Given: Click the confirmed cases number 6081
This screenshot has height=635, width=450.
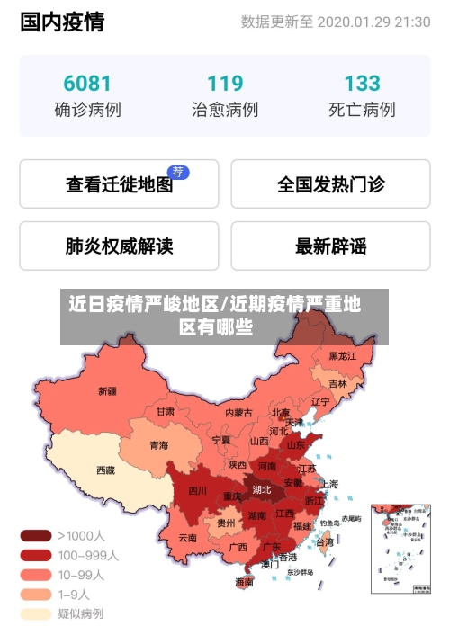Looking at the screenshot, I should pyautogui.click(x=87, y=84).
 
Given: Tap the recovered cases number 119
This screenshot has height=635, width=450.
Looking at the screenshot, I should pyautogui.click(x=225, y=84).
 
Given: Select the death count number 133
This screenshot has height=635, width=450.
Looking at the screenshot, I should pyautogui.click(x=362, y=84).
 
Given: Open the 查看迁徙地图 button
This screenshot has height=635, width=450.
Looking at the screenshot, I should pyautogui.click(x=119, y=184).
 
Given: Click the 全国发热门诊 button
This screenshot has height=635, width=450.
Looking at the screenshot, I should pyautogui.click(x=330, y=184).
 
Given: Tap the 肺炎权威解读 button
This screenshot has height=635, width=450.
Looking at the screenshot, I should pyautogui.click(x=119, y=246).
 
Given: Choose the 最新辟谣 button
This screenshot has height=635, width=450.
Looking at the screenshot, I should pyautogui.click(x=330, y=246).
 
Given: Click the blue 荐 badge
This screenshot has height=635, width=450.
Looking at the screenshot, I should pyautogui.click(x=179, y=172).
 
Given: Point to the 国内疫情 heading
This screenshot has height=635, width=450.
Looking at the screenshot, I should pyautogui.click(x=62, y=22).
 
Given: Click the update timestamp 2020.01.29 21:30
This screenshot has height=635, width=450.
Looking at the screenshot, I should pyautogui.click(x=373, y=22).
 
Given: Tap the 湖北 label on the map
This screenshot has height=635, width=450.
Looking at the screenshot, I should pyautogui.click(x=262, y=490).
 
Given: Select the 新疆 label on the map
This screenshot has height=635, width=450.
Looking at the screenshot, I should pyautogui.click(x=107, y=391).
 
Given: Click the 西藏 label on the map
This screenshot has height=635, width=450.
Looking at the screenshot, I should pyautogui.click(x=105, y=470).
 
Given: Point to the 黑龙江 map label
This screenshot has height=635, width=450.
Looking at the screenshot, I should pyautogui.click(x=342, y=356).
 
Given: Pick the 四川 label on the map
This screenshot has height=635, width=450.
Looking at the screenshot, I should pyautogui.click(x=197, y=491).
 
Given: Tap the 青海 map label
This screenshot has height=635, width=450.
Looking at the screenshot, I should pyautogui.click(x=158, y=445).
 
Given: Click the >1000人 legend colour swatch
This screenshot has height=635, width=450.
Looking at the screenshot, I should pyautogui.click(x=36, y=535).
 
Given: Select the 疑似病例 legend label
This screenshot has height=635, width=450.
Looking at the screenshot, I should pyautogui.click(x=81, y=613).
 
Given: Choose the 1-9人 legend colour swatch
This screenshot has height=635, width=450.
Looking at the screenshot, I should pyautogui.click(x=36, y=594).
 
